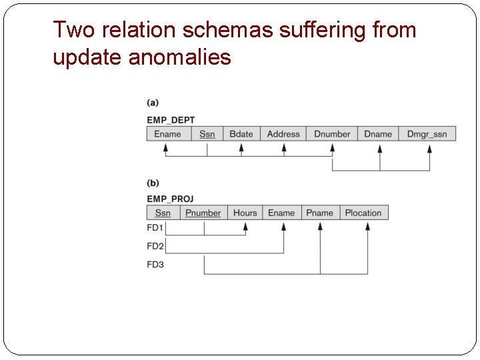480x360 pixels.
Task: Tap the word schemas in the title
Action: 211,30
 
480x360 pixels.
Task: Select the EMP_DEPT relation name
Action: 171,120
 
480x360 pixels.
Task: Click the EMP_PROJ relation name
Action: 170,199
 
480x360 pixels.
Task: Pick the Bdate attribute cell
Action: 241,134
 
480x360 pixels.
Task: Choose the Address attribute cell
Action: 283,134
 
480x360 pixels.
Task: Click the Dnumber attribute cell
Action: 332,134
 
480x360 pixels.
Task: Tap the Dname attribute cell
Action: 378,134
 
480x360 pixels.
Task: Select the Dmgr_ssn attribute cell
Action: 427,134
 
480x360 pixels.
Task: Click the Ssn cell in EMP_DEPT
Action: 207,134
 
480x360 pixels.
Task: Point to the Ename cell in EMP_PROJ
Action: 281,213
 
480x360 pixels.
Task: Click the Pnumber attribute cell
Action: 203,213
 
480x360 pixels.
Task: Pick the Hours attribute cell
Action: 245,213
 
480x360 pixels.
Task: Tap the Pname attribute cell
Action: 320,213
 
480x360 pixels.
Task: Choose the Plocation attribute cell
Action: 363,213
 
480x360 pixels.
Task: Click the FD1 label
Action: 155,228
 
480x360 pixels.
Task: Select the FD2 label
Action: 155,247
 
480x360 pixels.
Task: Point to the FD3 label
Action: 155,265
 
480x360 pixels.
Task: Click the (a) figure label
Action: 153,103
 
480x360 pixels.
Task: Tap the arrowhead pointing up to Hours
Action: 245,227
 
